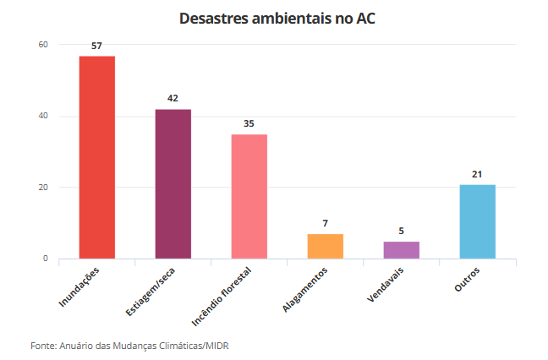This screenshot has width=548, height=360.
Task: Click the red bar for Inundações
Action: (x=97, y=157)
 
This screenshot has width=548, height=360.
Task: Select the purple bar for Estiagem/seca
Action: (x=173, y=184)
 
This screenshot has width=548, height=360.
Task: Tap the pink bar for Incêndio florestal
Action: (x=249, y=196)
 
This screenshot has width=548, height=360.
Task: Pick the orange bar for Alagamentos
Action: (x=325, y=246)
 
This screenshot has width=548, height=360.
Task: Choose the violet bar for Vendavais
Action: (x=401, y=249)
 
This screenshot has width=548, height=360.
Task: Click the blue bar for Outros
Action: (x=477, y=221)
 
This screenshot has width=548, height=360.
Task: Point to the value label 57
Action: (x=97, y=46)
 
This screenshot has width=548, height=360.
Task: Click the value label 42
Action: (x=173, y=99)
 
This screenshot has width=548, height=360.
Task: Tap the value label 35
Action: (x=249, y=123)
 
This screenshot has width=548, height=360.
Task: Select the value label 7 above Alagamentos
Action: (x=325, y=223)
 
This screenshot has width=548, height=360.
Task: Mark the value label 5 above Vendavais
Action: (x=401, y=231)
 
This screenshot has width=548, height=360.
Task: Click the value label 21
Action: (x=477, y=174)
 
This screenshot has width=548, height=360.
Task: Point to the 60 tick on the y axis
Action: (x=43, y=45)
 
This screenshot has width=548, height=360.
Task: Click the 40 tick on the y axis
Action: (x=43, y=116)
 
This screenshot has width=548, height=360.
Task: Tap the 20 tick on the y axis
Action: (x=43, y=187)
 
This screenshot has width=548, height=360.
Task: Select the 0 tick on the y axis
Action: (x=46, y=259)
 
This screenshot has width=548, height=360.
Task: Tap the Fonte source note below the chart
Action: (x=129, y=346)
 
